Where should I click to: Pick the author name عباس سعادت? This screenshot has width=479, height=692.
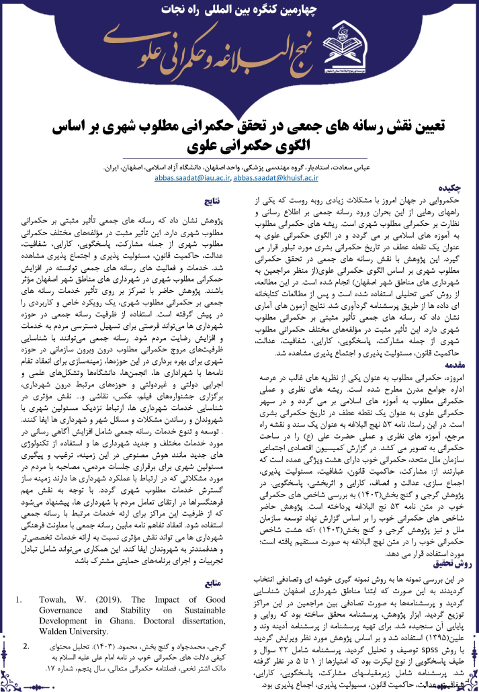(439, 168)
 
